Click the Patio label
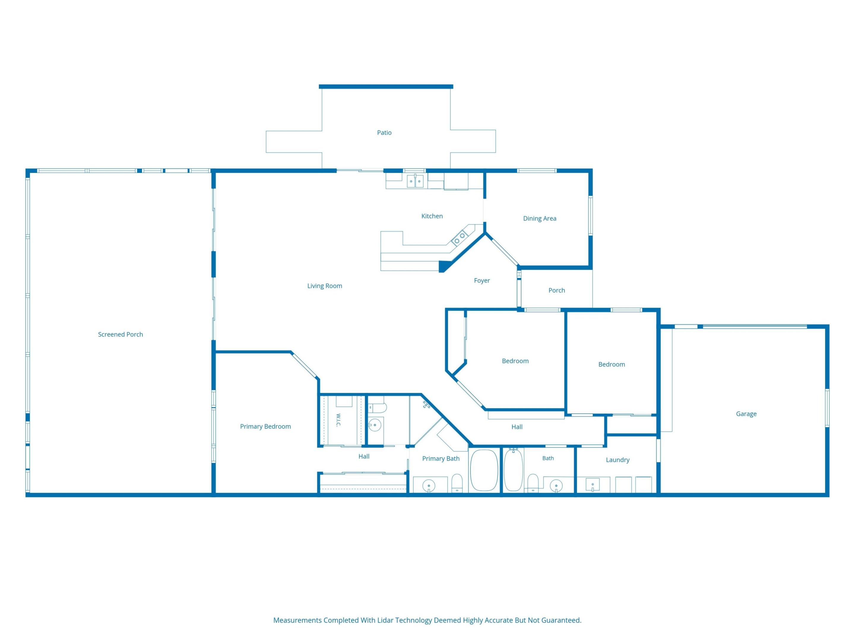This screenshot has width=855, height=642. (384, 133)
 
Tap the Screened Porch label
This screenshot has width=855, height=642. (121, 334)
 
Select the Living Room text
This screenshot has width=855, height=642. (325, 286)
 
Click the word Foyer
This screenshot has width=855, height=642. (482, 281)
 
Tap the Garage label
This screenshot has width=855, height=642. (746, 414)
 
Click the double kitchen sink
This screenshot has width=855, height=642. (415, 181)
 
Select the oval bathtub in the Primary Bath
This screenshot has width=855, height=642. (484, 470)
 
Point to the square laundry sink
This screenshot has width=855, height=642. (593, 484)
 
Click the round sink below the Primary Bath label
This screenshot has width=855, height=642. (429, 486)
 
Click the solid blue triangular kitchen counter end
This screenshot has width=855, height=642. (444, 266)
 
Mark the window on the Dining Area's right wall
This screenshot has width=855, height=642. (590, 215)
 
